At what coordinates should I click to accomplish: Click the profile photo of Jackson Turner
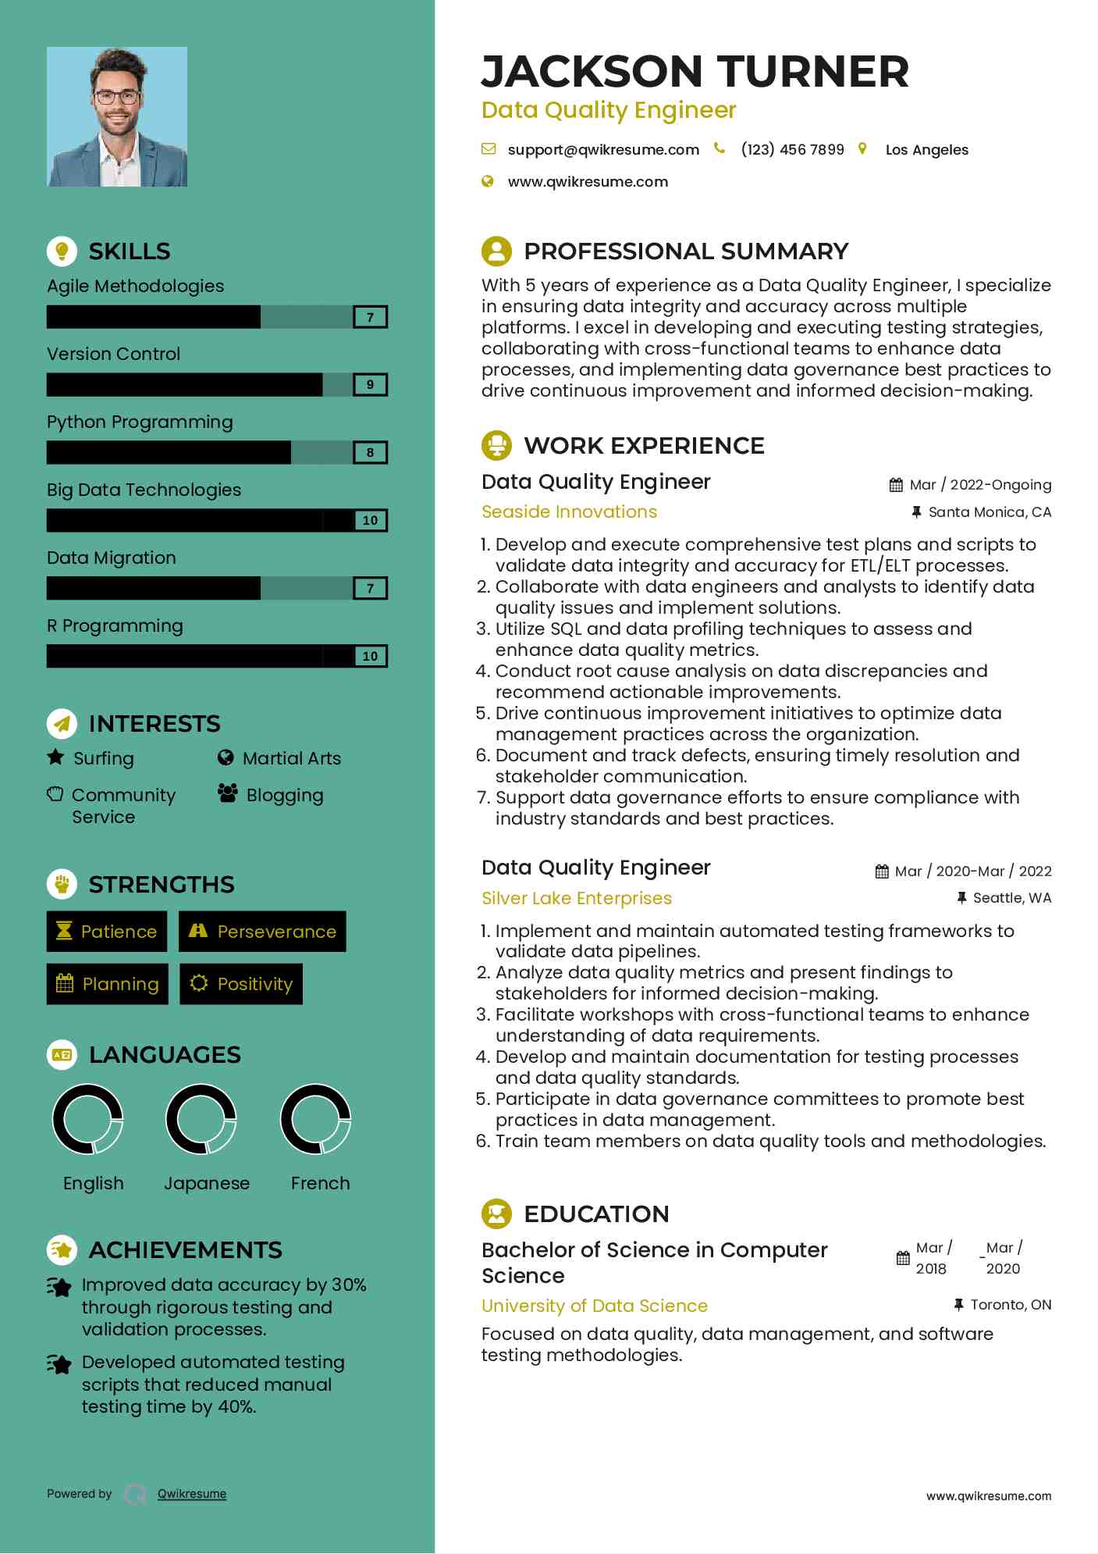coord(117,116)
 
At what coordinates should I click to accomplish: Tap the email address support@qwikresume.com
coord(602,150)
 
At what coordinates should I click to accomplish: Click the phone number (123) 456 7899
coord(792,150)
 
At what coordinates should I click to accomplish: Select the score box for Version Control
coord(370,385)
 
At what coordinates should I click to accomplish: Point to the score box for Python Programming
coord(370,453)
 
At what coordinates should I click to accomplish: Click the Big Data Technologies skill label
coord(144,490)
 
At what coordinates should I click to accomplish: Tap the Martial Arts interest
coord(291,758)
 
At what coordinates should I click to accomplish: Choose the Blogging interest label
coord(284,795)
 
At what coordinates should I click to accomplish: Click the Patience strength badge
coord(107,932)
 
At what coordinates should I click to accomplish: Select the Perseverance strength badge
coord(262,932)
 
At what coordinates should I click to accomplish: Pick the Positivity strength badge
coord(241,984)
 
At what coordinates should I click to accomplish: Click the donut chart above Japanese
coord(201,1119)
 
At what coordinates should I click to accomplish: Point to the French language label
coord(320,1183)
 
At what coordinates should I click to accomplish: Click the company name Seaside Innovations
coord(569,511)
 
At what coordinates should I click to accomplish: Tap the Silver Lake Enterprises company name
coord(576,898)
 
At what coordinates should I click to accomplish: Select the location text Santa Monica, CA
coord(989,512)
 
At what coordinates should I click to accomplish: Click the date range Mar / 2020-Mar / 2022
coord(972,871)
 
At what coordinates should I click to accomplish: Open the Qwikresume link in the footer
coord(192,1494)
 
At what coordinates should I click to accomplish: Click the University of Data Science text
coord(594,1306)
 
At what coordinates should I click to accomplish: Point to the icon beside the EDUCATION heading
coord(496,1214)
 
